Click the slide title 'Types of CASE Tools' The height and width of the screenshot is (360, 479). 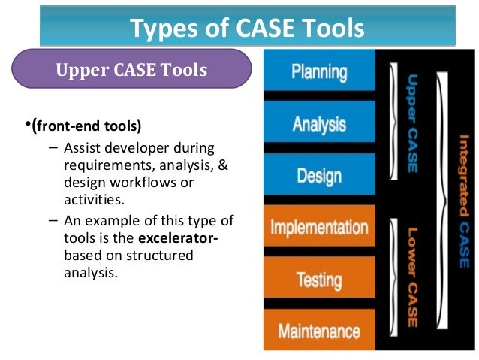point(247,28)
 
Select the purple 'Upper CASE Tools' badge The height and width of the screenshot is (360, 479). point(131,71)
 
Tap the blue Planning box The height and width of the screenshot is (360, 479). point(318,73)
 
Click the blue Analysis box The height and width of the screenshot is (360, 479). point(318,124)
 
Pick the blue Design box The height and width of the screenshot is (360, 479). point(318,176)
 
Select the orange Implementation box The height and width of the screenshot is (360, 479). point(318,228)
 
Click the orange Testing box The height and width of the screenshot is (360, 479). point(318,280)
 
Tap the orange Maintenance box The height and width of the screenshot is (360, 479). point(318,331)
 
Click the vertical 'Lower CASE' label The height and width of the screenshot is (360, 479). point(412,278)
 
